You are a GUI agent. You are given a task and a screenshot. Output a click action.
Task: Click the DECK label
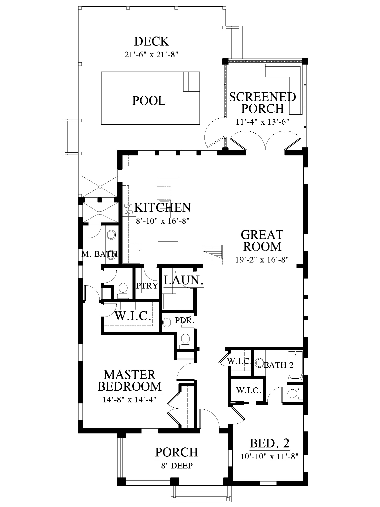[152, 42]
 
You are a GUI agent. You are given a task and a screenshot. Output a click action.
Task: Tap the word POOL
[149, 101]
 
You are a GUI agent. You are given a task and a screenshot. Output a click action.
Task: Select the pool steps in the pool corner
[191, 82]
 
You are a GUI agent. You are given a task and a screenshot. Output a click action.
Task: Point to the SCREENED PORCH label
[262, 103]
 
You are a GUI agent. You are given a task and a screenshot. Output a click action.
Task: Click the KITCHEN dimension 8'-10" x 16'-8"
[162, 221]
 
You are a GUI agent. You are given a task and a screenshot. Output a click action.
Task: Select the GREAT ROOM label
[262, 240]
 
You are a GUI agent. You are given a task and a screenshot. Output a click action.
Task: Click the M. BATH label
[99, 254]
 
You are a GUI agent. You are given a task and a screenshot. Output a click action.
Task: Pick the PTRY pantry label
[147, 286]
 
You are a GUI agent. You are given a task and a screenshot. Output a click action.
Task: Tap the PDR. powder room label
[184, 320]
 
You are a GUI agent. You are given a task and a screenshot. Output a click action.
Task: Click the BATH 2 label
[278, 365]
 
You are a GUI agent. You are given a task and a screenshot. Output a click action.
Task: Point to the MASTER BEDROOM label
[130, 380]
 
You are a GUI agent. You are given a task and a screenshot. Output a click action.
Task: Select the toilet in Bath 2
[295, 394]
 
